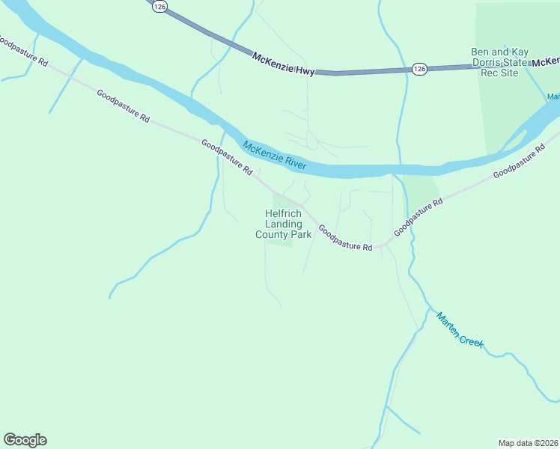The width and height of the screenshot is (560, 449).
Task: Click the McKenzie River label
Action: (274, 154)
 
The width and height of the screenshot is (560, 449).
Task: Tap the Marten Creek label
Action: (460, 329)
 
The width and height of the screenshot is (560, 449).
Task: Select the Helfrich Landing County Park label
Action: (283, 224)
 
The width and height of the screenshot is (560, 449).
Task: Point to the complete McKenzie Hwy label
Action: (284, 64)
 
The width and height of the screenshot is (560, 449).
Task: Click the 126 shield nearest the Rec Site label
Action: (419, 69)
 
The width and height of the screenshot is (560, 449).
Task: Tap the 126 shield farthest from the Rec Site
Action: (158, 6)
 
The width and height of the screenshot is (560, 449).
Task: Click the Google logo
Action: (25, 440)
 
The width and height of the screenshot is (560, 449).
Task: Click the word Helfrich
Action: (284, 213)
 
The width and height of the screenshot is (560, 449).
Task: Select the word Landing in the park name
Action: (284, 224)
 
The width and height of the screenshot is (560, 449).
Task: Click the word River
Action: (294, 161)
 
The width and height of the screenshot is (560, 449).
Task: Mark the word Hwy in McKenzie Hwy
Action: (305, 70)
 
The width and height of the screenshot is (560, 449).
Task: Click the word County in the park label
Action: (272, 234)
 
